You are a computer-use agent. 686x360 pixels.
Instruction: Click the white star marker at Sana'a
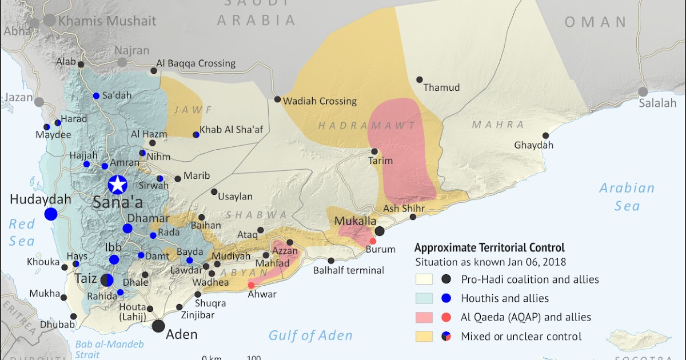coord(118,185)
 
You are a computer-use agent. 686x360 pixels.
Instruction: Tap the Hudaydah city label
coord(40,199)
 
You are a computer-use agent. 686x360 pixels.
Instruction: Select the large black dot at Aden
coord(158,326)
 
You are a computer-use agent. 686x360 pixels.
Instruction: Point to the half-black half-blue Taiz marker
coord(107,280)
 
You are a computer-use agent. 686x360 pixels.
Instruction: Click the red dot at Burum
coord(373,241)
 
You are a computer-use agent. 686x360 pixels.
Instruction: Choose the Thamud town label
coord(441,88)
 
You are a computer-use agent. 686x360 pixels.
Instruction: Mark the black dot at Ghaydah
coord(546,135)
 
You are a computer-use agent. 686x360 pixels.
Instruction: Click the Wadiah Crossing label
coord(322,101)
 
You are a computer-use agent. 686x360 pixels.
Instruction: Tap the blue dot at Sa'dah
coord(96,95)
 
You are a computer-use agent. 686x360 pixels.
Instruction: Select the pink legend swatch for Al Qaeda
coord(424,317)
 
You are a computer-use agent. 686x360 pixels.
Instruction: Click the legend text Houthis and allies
coord(505,298)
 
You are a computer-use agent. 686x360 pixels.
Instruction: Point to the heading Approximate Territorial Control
coord(489,248)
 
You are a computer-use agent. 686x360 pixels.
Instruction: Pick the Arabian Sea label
coord(627,197)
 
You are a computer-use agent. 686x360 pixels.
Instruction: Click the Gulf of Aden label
coord(310,335)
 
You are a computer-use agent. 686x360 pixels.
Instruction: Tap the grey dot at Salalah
coord(643,91)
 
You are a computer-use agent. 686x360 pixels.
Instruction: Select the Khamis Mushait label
coord(107,21)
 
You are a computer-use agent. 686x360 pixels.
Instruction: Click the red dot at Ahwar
coord(251,285)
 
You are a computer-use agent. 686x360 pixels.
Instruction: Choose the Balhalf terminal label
coord(349,270)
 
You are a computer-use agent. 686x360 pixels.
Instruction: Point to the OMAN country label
coord(596,22)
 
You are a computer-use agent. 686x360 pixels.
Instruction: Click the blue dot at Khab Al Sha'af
coord(196,135)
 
